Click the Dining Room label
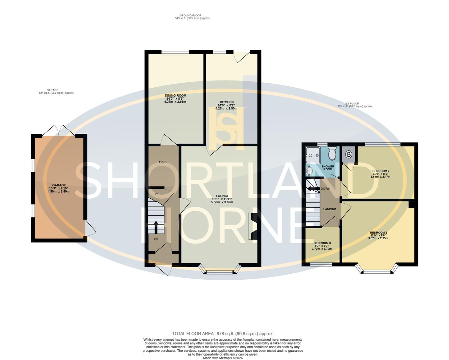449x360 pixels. [175, 95]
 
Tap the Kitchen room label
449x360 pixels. [227, 102]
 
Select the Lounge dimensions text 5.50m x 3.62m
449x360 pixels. [222, 202]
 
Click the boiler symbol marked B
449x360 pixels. [349, 155]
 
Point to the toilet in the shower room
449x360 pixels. [332, 154]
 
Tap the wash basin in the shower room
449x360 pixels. [309, 171]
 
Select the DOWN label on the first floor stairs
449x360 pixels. [325, 189]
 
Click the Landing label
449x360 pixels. [330, 209]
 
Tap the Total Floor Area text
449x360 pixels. [222, 333]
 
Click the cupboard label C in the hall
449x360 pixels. [156, 194]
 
